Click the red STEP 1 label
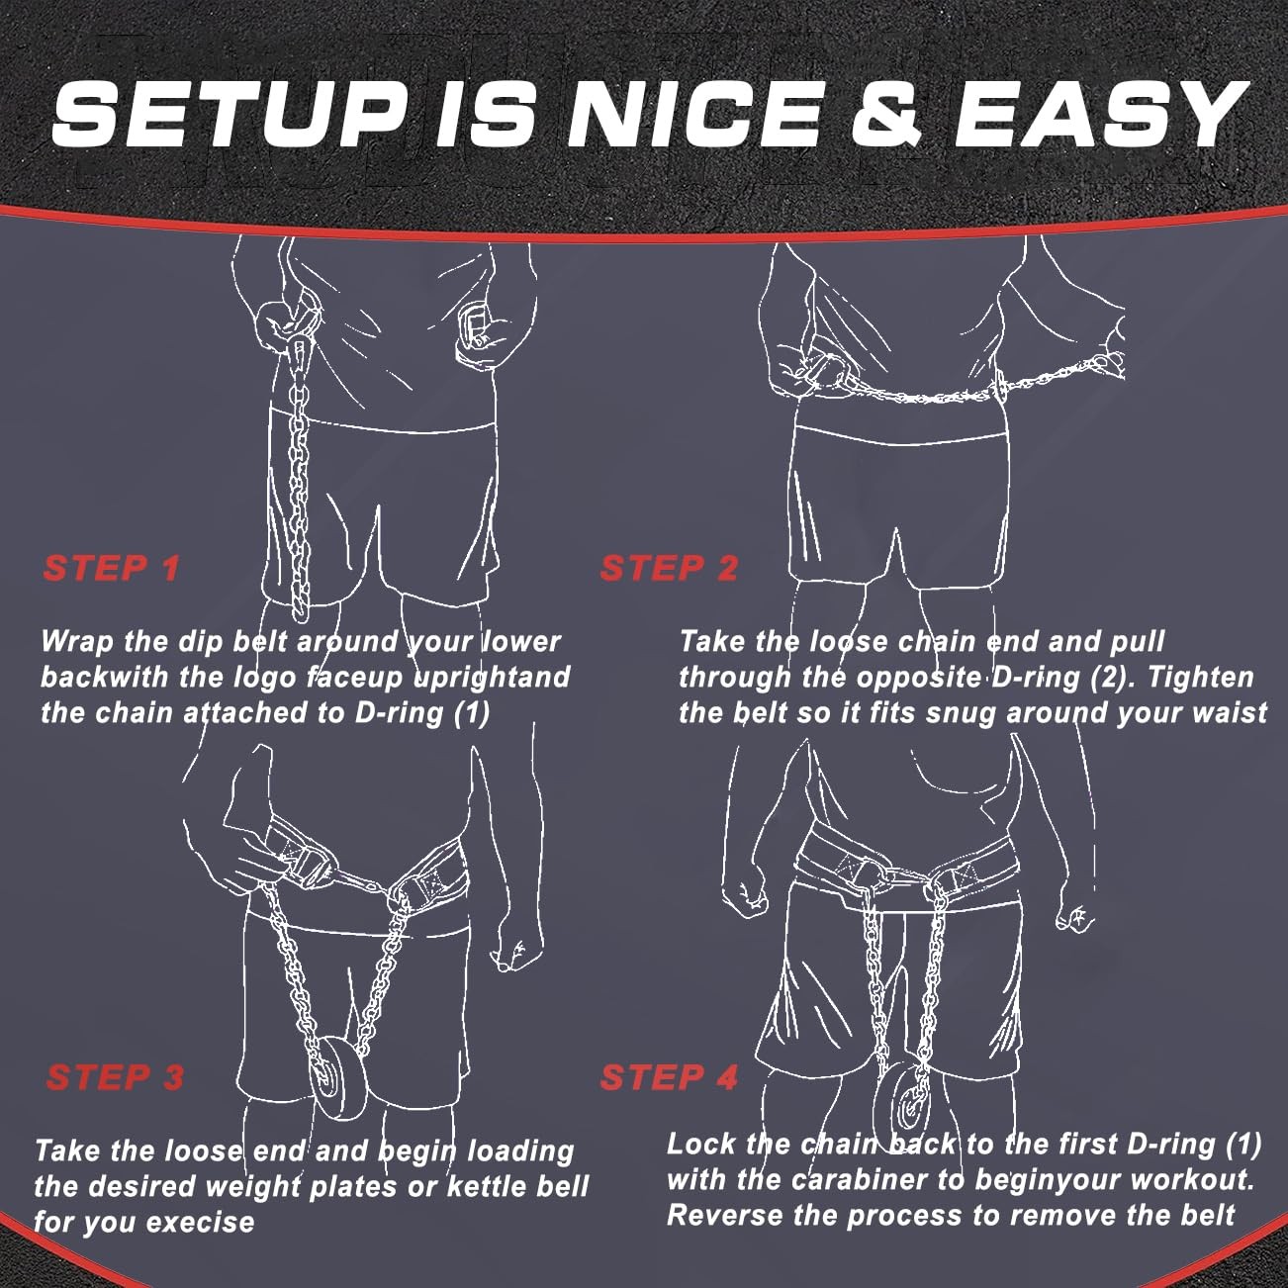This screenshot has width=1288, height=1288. click(x=111, y=568)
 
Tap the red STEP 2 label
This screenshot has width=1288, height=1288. click(x=669, y=568)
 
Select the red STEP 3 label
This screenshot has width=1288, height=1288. click(x=115, y=1077)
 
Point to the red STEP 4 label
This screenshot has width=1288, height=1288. click(x=669, y=1077)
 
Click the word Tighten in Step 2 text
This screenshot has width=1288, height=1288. click(x=1200, y=678)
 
